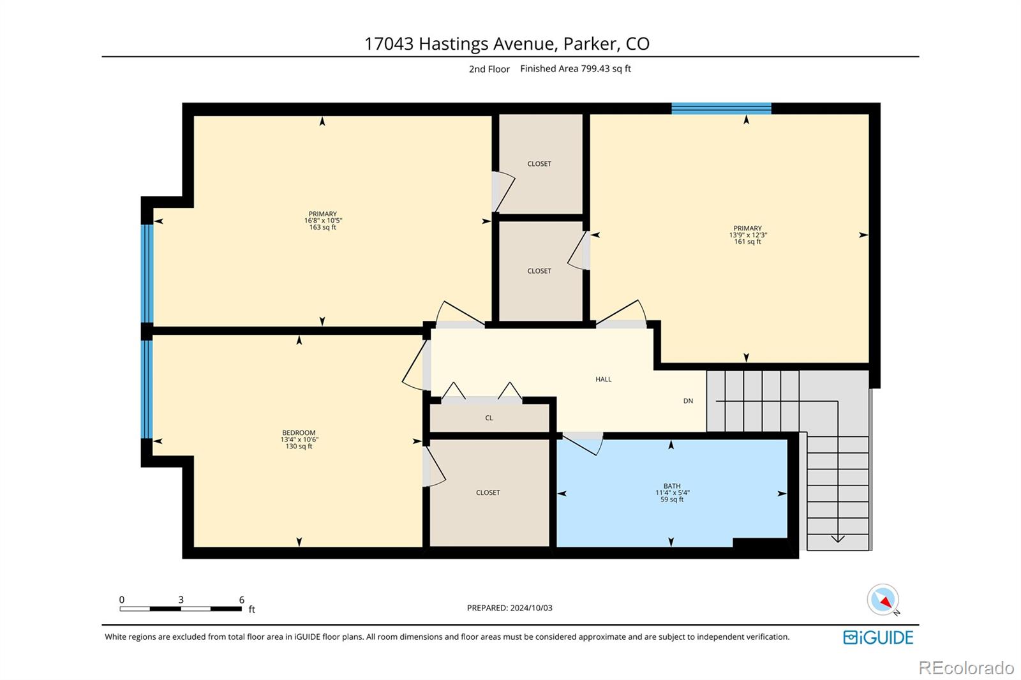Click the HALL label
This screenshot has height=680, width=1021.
click(x=603, y=379)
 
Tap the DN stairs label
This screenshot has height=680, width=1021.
click(x=689, y=401)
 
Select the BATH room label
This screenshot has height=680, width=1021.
click(x=672, y=486)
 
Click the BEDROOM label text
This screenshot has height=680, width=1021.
click(x=299, y=432)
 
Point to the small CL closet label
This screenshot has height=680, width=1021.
click(x=489, y=418)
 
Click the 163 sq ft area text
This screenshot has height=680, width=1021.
click(x=323, y=227)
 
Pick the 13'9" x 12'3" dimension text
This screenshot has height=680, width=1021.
click(x=748, y=235)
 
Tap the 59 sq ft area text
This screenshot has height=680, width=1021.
click(x=672, y=499)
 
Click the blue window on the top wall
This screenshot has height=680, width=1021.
click(x=721, y=108)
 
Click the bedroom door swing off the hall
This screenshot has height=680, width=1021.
click(x=415, y=367)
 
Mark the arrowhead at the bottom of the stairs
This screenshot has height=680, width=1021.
click(x=838, y=539)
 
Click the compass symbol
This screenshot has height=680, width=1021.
click(x=883, y=600)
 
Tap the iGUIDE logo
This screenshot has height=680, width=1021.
click(x=878, y=637)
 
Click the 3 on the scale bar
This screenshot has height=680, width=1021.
click(x=181, y=600)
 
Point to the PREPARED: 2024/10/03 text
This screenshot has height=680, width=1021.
click(x=510, y=607)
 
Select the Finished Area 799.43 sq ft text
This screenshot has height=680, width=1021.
click(x=575, y=68)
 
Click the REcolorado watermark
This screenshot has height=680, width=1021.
click(x=966, y=668)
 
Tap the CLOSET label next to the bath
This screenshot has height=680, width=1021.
click(x=488, y=492)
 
